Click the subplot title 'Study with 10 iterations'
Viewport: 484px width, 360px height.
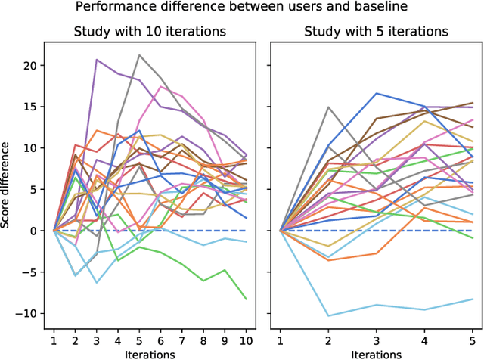pos(150,32)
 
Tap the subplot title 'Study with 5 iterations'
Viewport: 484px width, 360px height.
pos(376,32)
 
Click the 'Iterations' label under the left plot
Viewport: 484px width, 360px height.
pos(150,353)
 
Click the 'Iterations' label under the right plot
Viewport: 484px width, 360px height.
pos(376,353)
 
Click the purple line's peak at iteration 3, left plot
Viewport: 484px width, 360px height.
pos(97,59)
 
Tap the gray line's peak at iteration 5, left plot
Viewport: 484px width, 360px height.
pos(140,54)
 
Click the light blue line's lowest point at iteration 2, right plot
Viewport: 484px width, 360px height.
pos(328,316)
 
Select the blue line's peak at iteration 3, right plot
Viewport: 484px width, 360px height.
pos(376,93)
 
